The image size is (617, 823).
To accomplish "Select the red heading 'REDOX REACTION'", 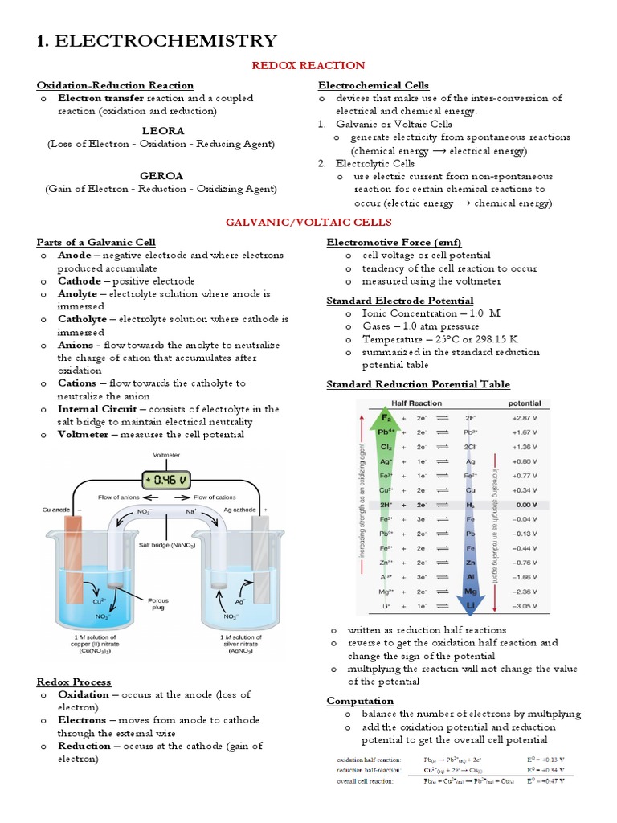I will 308,65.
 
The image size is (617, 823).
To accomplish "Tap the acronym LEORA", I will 163,130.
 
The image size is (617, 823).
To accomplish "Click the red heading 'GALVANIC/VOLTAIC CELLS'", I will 308,222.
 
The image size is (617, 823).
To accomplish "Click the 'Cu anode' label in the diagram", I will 57,510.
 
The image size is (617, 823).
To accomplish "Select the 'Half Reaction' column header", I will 418,403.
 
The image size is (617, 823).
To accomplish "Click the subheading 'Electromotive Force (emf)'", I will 382,242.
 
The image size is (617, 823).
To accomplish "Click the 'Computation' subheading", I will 360,701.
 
